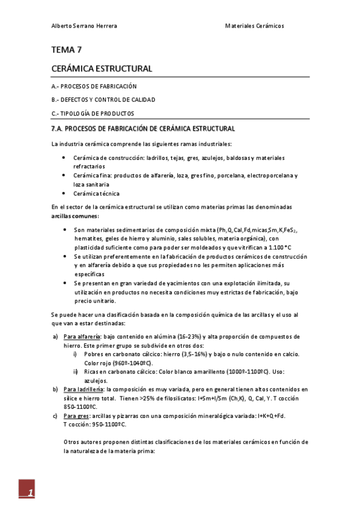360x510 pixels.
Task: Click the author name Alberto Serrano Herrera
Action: (84, 26)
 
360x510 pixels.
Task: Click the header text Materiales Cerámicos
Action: (254, 26)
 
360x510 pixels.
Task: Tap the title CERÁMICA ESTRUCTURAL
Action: (102, 69)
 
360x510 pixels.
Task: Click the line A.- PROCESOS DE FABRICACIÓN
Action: (94, 86)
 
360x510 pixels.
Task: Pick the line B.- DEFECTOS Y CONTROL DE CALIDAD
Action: (103, 99)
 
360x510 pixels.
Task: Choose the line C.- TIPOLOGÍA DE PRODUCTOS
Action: (93, 113)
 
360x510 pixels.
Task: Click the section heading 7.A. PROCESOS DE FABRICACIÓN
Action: (143, 129)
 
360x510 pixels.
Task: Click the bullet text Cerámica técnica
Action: (96, 194)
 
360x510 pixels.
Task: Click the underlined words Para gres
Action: (75, 416)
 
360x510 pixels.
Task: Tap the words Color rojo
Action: (99, 363)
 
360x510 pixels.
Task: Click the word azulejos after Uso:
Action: (96, 381)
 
